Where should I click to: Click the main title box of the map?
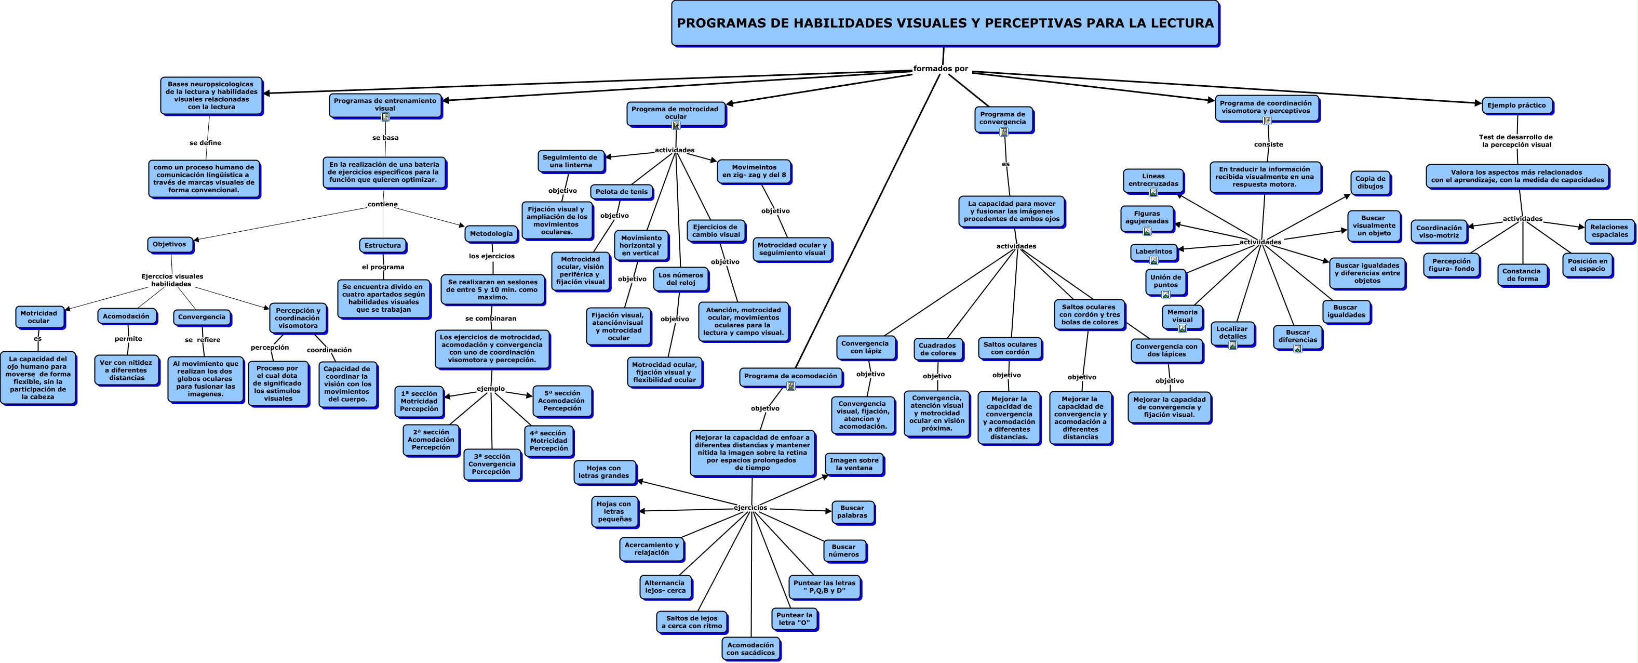(x=945, y=23)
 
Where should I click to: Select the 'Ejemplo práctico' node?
(x=1516, y=105)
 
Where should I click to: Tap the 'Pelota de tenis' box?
(x=621, y=192)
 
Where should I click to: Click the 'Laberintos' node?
(x=1153, y=251)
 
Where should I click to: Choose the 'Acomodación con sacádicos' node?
(x=750, y=648)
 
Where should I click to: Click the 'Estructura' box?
(x=382, y=246)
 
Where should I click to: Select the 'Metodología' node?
(x=491, y=233)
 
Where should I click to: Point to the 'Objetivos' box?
(x=169, y=244)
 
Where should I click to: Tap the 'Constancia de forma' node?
(x=1521, y=275)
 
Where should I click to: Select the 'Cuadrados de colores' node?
(x=937, y=349)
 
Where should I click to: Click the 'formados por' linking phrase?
(x=941, y=69)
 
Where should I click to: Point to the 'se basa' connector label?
(x=385, y=138)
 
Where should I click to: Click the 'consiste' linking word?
(x=1268, y=144)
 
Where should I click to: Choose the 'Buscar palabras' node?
(x=852, y=512)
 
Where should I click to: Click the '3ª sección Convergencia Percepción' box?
(x=491, y=464)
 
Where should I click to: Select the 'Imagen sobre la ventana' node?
(x=853, y=464)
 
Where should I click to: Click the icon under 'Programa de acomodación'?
(x=791, y=386)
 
